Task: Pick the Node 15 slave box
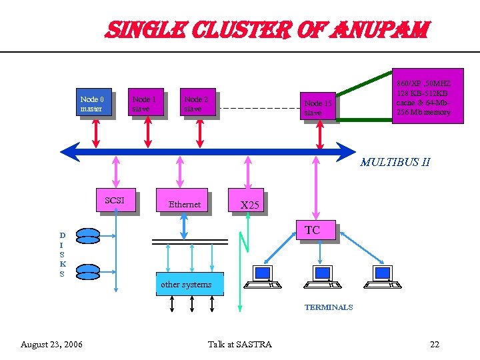pyautogui.click(x=317, y=107)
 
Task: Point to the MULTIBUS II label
pyautogui.click(x=395, y=161)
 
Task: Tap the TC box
pyautogui.click(x=315, y=231)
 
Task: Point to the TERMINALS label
pyautogui.click(x=329, y=307)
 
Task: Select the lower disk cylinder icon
pyautogui.click(x=88, y=271)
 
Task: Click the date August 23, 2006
pyautogui.click(x=52, y=344)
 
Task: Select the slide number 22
pyautogui.click(x=434, y=344)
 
